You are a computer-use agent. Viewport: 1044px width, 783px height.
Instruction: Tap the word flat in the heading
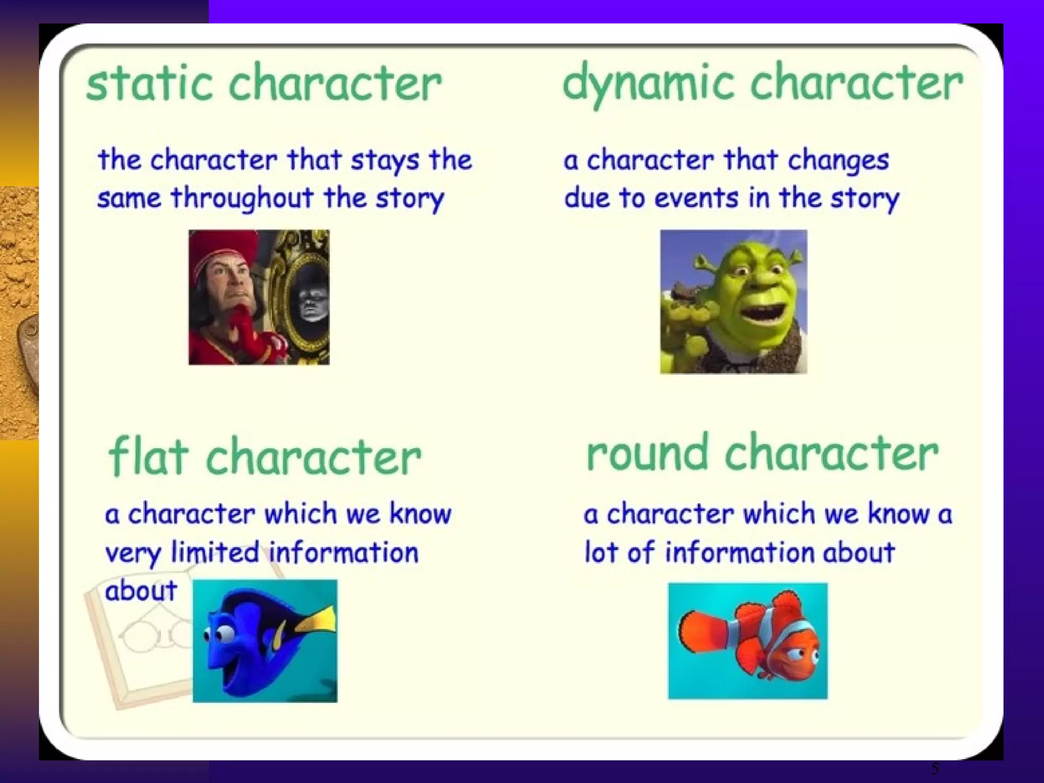tap(148, 456)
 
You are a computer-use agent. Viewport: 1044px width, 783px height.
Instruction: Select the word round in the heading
tap(647, 453)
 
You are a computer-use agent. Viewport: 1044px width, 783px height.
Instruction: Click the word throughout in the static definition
tap(242, 199)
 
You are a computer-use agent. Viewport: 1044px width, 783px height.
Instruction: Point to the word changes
tap(838, 161)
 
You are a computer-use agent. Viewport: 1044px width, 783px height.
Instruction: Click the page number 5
tap(935, 769)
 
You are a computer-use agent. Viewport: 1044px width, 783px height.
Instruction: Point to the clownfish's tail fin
tap(701, 632)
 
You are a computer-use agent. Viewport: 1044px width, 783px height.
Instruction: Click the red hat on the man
tap(224, 247)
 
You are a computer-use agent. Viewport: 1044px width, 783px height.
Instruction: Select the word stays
tap(385, 161)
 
